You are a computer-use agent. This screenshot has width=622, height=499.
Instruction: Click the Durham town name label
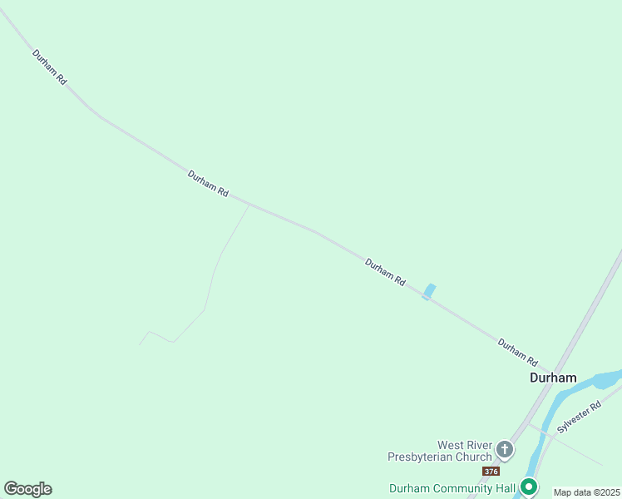click(553, 378)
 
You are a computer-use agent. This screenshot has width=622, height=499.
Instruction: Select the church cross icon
click(504, 451)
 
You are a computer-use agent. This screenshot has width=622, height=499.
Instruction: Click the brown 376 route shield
click(491, 472)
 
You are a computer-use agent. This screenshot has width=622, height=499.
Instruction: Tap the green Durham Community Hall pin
click(528, 487)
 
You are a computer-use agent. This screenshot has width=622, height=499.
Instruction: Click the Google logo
click(27, 489)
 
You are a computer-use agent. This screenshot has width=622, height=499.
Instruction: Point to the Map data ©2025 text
click(587, 492)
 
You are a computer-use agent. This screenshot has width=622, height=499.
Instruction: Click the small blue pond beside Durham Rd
click(429, 291)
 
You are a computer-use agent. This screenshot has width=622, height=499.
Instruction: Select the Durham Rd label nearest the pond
click(385, 272)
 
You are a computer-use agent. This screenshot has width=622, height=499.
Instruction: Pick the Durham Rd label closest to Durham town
click(517, 352)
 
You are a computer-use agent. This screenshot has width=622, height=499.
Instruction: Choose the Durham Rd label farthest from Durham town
click(49, 67)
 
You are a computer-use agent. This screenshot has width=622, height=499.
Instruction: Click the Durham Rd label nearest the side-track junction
click(208, 183)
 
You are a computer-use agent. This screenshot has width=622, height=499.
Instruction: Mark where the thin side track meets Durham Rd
click(249, 204)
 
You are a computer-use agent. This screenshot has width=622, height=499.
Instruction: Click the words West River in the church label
click(465, 445)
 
